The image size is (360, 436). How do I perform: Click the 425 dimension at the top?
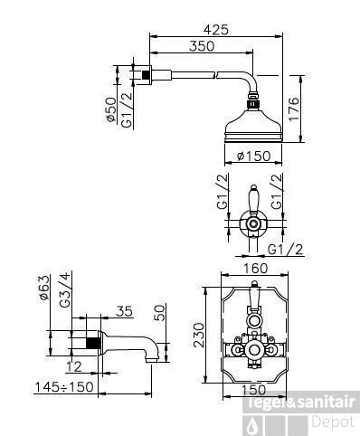(x=215, y=29)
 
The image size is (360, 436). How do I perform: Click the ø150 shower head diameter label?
(x=255, y=156)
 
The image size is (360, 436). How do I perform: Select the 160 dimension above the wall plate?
(x=254, y=269)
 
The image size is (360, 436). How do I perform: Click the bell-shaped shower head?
(x=255, y=119)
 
